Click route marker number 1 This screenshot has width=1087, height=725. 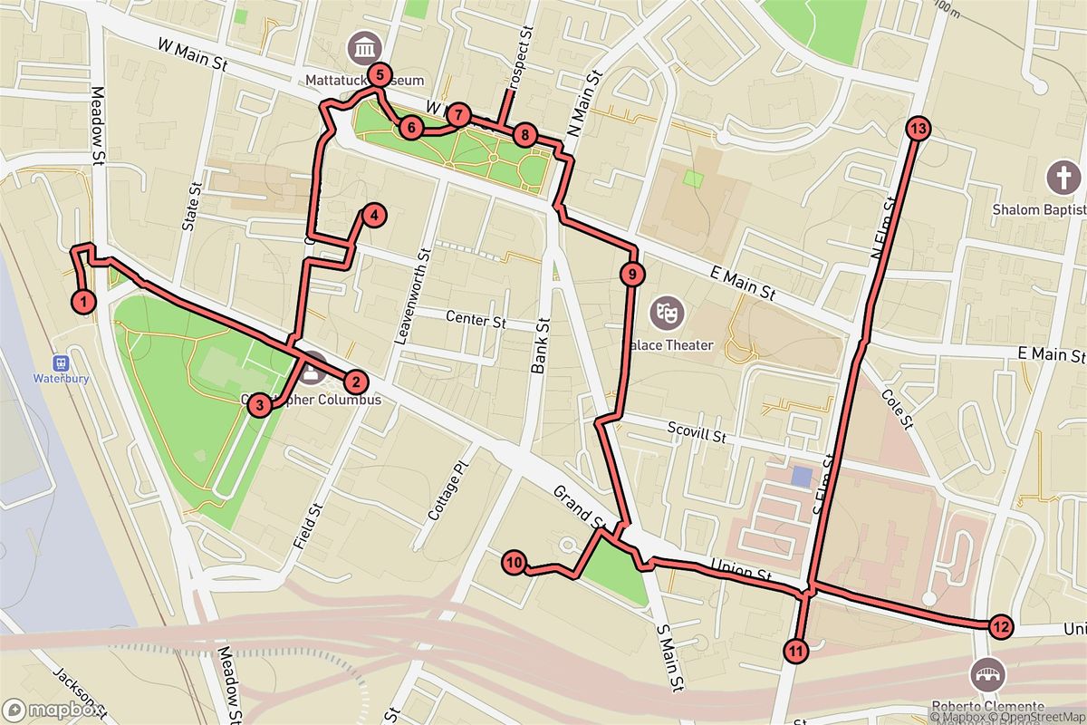[83, 301]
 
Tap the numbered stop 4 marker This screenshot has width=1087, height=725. [372, 215]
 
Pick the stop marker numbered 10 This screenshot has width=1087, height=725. [514, 563]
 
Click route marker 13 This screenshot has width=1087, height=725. [918, 129]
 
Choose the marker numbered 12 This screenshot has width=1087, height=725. [1000, 625]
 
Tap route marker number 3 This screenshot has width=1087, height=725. [260, 405]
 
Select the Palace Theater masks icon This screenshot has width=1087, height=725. [669, 313]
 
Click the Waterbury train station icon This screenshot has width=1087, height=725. [61, 360]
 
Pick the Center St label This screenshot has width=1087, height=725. [476, 320]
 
